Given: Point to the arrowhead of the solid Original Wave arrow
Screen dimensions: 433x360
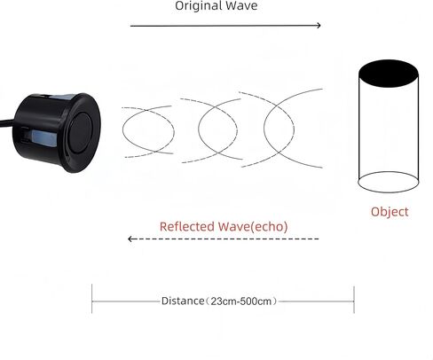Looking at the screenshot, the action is coord(319,26).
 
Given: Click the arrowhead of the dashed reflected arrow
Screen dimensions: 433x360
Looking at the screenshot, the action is coord(130,239).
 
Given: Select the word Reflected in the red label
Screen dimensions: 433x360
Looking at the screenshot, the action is coord(187,227).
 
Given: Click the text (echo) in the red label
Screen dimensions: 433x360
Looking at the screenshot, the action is coord(269,227).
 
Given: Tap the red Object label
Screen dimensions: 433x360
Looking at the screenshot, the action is coord(390,212).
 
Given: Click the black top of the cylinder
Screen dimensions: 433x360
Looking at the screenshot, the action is coord(389,74).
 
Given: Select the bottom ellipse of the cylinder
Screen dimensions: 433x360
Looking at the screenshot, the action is coord(389,192).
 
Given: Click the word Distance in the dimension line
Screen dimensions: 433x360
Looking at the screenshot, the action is coord(183,301).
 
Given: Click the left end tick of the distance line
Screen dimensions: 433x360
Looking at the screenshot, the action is coord(92,299).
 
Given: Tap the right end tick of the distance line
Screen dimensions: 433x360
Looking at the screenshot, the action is coord(354,299).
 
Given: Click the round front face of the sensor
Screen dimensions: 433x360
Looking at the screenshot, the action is coord(81,132).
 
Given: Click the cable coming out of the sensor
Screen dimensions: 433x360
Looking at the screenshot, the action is coord(6,121).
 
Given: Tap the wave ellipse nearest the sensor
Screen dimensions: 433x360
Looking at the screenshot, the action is coord(122,130).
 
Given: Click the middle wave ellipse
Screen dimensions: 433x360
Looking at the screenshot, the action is coord(199,129).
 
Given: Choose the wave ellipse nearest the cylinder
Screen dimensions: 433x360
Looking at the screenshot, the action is coord(264,129).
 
